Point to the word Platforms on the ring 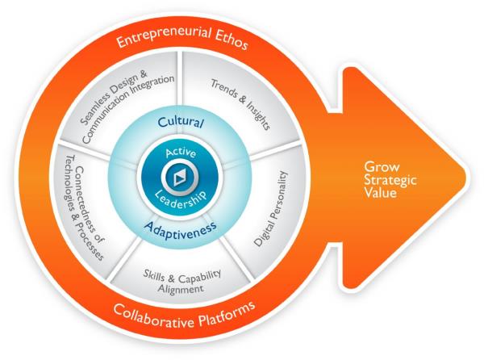pyautogui.click(x=222, y=307)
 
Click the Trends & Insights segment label pyautogui.click(x=239, y=104)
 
